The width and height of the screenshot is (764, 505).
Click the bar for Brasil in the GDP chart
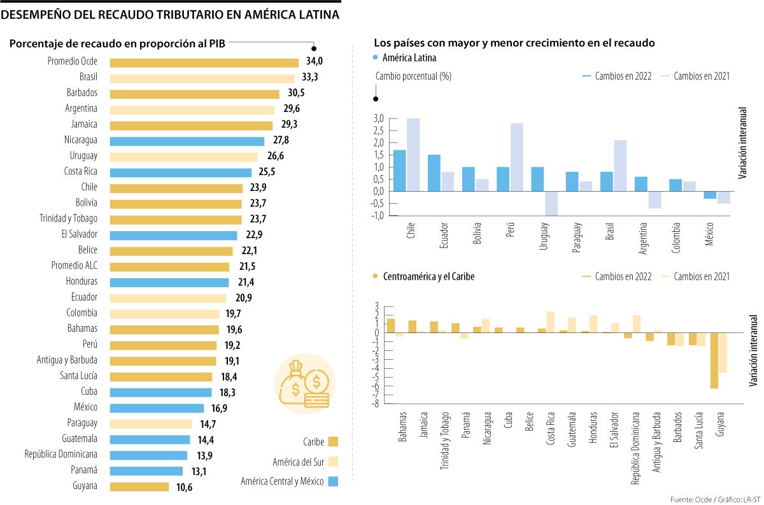pyautogui.click(x=202, y=78)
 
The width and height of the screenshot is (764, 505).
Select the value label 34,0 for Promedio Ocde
pyautogui.click(x=315, y=62)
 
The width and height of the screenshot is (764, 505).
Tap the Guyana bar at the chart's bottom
pyautogui.click(x=139, y=487)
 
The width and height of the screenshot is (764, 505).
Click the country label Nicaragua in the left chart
pyautogui.click(x=80, y=141)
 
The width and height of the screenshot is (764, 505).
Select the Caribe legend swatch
pyautogui.click(x=333, y=442)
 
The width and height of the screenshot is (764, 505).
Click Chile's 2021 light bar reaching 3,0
pyautogui.click(x=413, y=154)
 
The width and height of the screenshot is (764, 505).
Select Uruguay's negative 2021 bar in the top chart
pyautogui.click(x=551, y=203)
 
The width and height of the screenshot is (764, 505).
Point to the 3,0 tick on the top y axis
pyautogui.click(x=379, y=118)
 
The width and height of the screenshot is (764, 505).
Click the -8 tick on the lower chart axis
pyautogui.click(x=376, y=403)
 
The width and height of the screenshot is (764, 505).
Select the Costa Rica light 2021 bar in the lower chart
pyautogui.click(x=550, y=322)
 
